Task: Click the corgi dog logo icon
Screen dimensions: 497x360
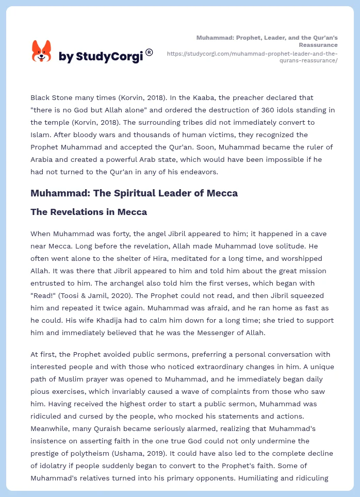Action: click(x=42, y=51)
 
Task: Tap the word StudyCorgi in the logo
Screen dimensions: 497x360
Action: click(x=109, y=57)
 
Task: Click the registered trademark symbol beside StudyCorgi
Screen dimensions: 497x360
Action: click(x=149, y=52)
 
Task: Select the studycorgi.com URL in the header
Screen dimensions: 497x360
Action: click(x=252, y=57)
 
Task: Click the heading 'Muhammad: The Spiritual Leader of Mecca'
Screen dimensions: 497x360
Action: click(x=134, y=193)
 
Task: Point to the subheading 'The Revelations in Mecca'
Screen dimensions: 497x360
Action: click(x=89, y=212)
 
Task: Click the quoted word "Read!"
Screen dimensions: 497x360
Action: click(x=44, y=295)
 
